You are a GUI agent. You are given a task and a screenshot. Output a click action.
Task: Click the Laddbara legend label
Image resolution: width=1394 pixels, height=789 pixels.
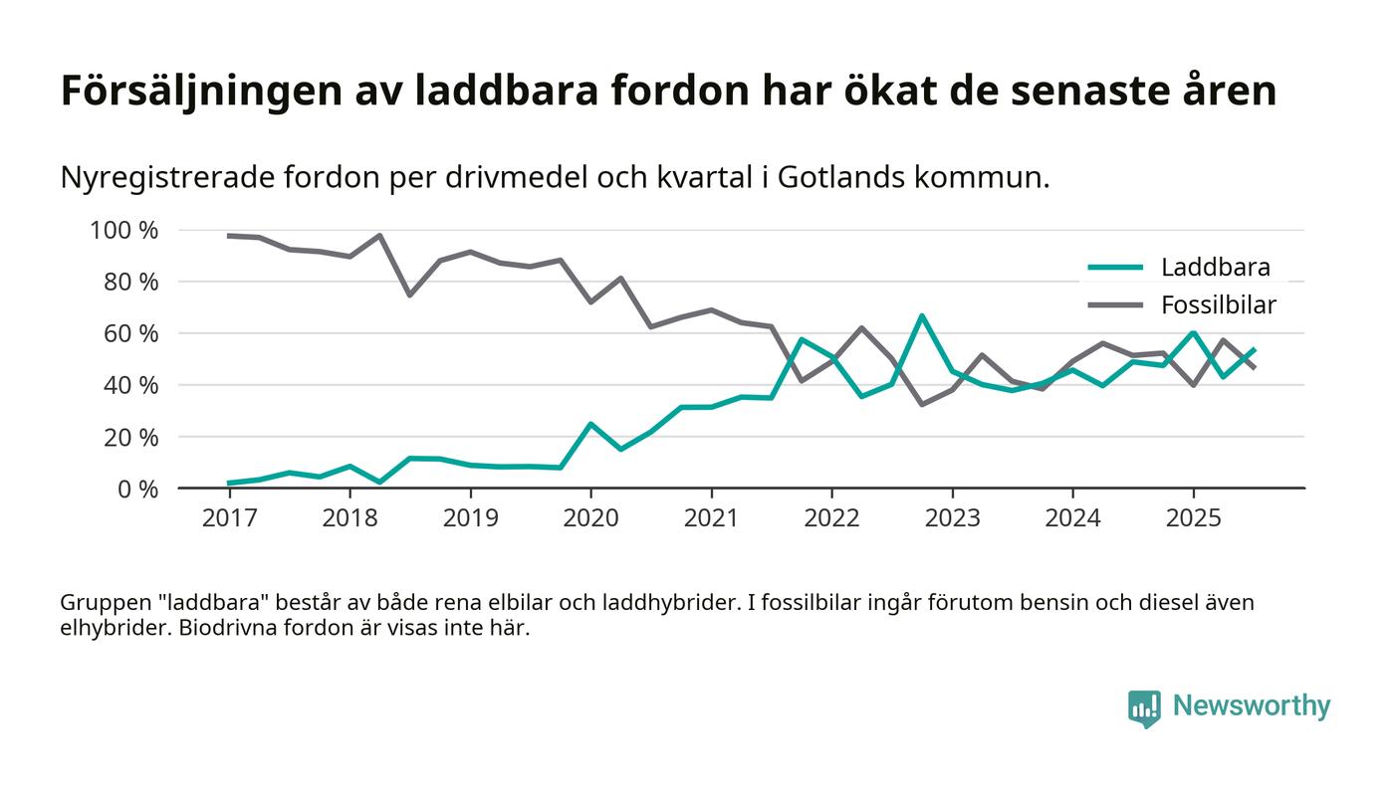[x=1215, y=267]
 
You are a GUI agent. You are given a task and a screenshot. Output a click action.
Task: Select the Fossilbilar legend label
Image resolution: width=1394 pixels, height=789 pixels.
[x=1218, y=304]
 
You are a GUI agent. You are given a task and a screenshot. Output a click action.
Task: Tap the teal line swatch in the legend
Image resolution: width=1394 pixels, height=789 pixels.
[x=1114, y=267]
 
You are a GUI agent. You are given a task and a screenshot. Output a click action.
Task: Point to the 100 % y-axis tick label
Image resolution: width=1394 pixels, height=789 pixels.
[x=124, y=231]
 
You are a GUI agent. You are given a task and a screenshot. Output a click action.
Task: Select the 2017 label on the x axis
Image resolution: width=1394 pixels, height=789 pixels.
[x=229, y=518]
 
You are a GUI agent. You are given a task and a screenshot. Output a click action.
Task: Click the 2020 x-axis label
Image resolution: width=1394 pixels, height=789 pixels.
[x=590, y=518]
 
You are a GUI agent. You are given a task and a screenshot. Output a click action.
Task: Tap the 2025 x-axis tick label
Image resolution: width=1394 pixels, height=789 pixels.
[x=1193, y=518]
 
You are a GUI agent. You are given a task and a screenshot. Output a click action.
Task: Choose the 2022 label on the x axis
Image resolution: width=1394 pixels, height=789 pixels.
[x=831, y=518]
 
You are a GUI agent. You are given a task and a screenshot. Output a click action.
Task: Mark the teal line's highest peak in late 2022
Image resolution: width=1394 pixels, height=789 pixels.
[x=922, y=316]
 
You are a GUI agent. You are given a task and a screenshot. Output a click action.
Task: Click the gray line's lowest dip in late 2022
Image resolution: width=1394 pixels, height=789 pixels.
[x=922, y=404]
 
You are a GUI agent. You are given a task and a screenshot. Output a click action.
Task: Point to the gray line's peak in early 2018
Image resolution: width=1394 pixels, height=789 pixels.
[x=379, y=236]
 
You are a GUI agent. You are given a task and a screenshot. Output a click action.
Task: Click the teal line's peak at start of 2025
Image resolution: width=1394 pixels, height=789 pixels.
[x=1193, y=333]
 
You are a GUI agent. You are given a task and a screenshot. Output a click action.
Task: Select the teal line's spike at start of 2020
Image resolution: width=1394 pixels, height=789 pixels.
[x=590, y=424]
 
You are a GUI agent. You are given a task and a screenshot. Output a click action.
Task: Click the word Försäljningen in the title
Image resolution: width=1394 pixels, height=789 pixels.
[x=199, y=92]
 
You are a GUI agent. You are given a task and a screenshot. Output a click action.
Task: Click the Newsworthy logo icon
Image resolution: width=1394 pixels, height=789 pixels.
[x=1144, y=707]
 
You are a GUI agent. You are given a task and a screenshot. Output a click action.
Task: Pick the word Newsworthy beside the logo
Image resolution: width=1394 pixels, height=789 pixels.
[x=1251, y=706]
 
